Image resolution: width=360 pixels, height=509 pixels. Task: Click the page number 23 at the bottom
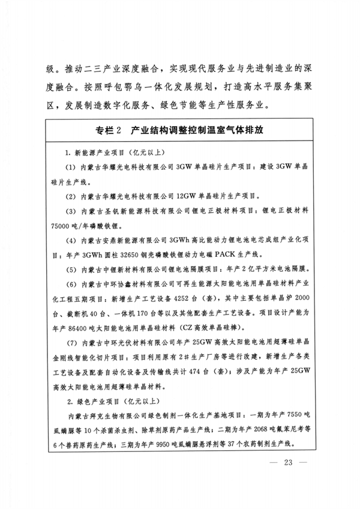[288, 462]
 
